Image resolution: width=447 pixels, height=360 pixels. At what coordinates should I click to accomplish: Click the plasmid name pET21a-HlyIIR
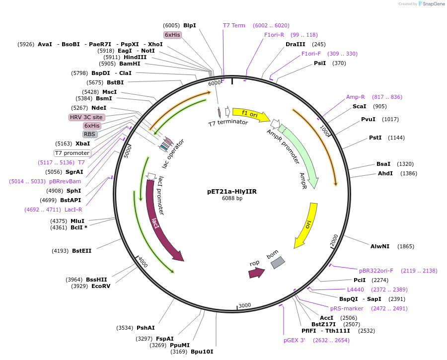(x=232, y=191)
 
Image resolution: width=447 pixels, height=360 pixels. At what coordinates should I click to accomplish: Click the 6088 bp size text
(x=232, y=199)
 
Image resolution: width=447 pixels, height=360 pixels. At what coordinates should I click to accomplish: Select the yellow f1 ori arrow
(x=250, y=114)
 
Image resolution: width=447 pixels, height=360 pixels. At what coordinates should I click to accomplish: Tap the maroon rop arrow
(x=257, y=272)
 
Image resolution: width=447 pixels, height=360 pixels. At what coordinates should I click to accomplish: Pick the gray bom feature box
(x=278, y=262)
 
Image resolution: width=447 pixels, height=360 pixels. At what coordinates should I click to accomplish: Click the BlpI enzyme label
(x=190, y=25)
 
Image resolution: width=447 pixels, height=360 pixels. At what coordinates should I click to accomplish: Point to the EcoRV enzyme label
(x=101, y=286)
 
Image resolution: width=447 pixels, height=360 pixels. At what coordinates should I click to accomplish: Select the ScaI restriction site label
(x=359, y=106)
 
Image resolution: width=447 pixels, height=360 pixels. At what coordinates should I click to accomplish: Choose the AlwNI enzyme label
(x=380, y=246)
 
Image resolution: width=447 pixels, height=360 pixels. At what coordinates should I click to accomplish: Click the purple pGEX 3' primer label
(x=295, y=340)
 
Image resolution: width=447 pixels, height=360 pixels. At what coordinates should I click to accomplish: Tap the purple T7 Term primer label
(x=234, y=25)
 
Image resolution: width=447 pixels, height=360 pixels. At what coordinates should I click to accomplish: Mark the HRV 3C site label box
(x=86, y=117)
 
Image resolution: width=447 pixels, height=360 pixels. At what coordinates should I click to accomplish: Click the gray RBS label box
(x=90, y=134)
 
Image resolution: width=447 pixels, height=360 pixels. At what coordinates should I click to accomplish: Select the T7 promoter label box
(x=73, y=153)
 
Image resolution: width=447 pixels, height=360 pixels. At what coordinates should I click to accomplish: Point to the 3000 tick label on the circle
(x=245, y=305)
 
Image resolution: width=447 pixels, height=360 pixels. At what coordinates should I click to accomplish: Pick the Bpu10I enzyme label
(x=202, y=352)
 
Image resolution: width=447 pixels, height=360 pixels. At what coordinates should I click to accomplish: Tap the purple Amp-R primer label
(x=356, y=97)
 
